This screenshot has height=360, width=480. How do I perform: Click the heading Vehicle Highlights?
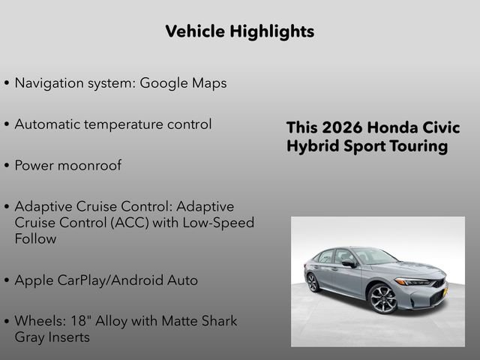[x=239, y=31]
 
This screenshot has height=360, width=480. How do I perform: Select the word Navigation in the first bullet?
[x=49, y=83]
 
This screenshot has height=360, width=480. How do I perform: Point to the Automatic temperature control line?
[x=112, y=124]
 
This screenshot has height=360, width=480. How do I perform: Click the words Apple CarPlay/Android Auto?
[x=106, y=280]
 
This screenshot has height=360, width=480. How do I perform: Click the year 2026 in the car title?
[x=343, y=127]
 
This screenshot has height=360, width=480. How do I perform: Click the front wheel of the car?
[x=382, y=298]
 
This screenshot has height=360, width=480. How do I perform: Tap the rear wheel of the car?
[x=313, y=282]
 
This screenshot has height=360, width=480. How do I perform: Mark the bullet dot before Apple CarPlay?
[x=7, y=281]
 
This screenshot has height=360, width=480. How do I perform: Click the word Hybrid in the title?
[x=311, y=145]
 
